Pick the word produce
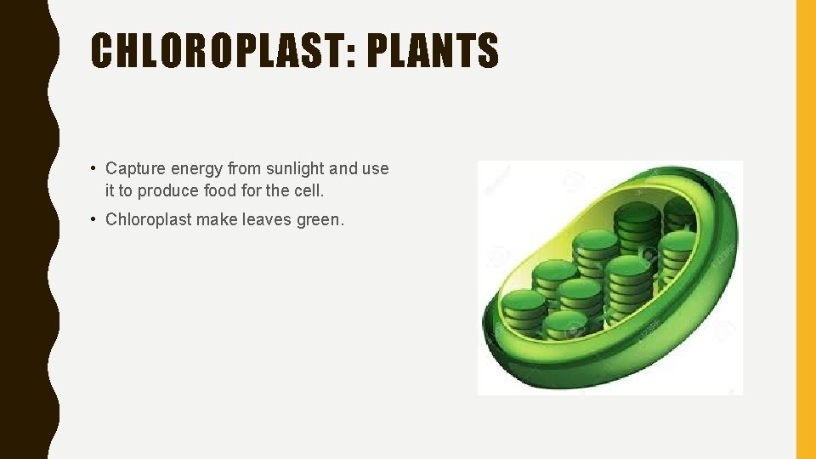tap(169, 190)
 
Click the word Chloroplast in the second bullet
tap(148, 219)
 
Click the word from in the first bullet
tap(243, 168)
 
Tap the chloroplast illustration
tap(609, 277)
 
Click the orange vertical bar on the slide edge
tap(805, 229)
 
